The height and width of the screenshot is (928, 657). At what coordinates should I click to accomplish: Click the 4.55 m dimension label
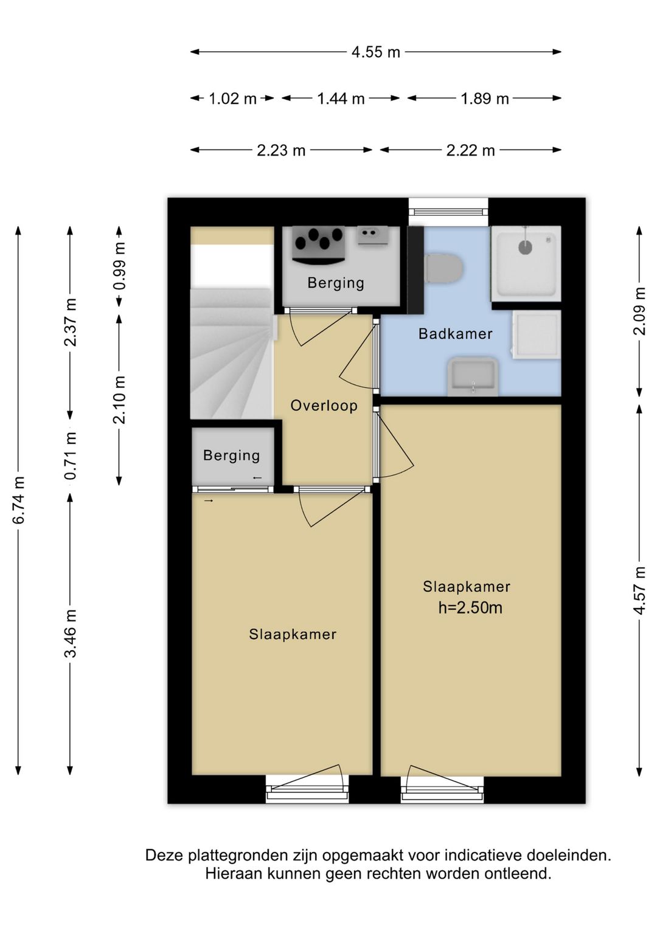(x=375, y=52)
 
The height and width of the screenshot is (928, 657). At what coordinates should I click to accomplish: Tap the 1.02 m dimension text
(x=232, y=99)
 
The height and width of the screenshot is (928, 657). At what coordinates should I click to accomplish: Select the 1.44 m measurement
(x=341, y=99)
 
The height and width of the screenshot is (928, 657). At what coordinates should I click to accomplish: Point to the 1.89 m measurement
(x=485, y=99)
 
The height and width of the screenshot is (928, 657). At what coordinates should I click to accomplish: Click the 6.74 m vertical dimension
(x=19, y=500)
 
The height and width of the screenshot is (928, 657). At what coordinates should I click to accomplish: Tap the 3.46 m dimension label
(x=71, y=634)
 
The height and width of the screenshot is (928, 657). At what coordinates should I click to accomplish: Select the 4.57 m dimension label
(x=639, y=590)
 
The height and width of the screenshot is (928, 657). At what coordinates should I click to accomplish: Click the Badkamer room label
(x=456, y=333)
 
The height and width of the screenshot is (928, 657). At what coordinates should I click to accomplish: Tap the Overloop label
(x=324, y=406)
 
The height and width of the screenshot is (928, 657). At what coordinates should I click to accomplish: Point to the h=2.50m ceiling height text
(x=470, y=608)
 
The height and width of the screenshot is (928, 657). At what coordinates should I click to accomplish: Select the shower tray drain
(x=525, y=248)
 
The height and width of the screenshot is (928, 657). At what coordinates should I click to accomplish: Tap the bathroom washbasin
(x=473, y=376)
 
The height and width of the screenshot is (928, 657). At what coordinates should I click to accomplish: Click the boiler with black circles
(x=319, y=244)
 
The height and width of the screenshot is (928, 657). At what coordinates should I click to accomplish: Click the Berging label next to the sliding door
(x=231, y=455)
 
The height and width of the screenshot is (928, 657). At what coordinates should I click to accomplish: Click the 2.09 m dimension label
(x=639, y=311)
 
